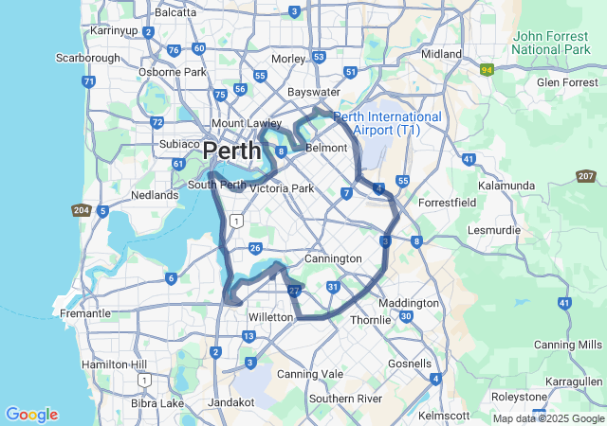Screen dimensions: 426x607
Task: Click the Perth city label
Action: pyautogui.click(x=232, y=151)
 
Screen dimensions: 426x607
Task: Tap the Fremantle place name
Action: pyautogui.click(x=84, y=313)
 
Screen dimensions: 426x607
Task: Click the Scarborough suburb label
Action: pyautogui.click(x=88, y=58)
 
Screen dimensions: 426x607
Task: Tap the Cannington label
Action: pyautogui.click(x=333, y=258)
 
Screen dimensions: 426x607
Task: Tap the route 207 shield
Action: pyautogui.click(x=585, y=176)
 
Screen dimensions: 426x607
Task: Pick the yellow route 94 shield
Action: pyautogui.click(x=487, y=69)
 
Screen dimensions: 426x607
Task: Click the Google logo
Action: pyautogui.click(x=31, y=415)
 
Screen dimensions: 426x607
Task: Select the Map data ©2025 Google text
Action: pyautogui.click(x=548, y=418)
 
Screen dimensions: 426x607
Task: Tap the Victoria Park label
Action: pyautogui.click(x=281, y=188)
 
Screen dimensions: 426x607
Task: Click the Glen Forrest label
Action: pyautogui.click(x=567, y=82)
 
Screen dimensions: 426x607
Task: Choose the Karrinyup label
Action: pyautogui.click(x=114, y=30)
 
